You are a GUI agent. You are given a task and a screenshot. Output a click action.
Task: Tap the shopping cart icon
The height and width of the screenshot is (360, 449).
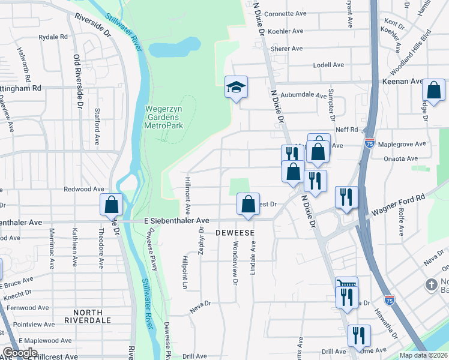pos(346,284)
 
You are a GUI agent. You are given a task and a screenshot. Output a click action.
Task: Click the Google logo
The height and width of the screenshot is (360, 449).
pos(20,352)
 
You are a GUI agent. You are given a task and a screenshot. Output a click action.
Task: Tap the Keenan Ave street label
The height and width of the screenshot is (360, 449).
pos(403,81)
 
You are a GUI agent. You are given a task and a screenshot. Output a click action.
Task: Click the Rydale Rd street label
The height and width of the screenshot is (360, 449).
pos(53,37)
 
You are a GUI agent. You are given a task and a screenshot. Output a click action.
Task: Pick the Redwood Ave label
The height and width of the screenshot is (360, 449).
pos(85,189)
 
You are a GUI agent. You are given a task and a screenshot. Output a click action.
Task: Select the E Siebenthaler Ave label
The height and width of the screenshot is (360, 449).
pos(176,221)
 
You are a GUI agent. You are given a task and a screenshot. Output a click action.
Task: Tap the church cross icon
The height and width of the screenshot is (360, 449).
pos(430,284)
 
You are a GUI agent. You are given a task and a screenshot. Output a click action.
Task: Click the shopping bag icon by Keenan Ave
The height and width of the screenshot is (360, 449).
pos(433,91)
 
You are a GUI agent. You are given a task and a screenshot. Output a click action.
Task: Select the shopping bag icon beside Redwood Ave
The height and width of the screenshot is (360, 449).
pos(112,205)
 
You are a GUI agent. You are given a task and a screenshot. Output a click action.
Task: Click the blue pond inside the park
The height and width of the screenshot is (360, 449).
pos(173,46)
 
